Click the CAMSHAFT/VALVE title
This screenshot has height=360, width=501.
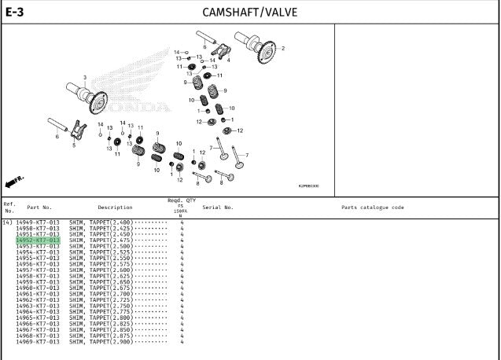249,13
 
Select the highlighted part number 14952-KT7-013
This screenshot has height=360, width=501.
37,240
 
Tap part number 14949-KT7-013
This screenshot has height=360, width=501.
37,222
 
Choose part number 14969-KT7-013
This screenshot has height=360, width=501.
37,342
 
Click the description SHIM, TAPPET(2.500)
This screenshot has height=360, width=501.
101,246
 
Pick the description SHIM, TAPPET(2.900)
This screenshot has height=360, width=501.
101,342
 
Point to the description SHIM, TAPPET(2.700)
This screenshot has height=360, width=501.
101,294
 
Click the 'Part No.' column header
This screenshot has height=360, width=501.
39,208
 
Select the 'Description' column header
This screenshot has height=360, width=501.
115,208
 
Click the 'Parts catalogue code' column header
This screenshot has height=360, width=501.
373,208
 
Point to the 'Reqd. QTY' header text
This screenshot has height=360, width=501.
181,200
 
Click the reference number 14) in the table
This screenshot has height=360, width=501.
7,222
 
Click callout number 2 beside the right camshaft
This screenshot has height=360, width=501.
283,49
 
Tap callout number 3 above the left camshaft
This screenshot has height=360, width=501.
85,77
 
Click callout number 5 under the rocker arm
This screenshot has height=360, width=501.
74,145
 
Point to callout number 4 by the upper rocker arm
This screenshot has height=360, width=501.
228,60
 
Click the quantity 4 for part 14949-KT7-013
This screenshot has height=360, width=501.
182,222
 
